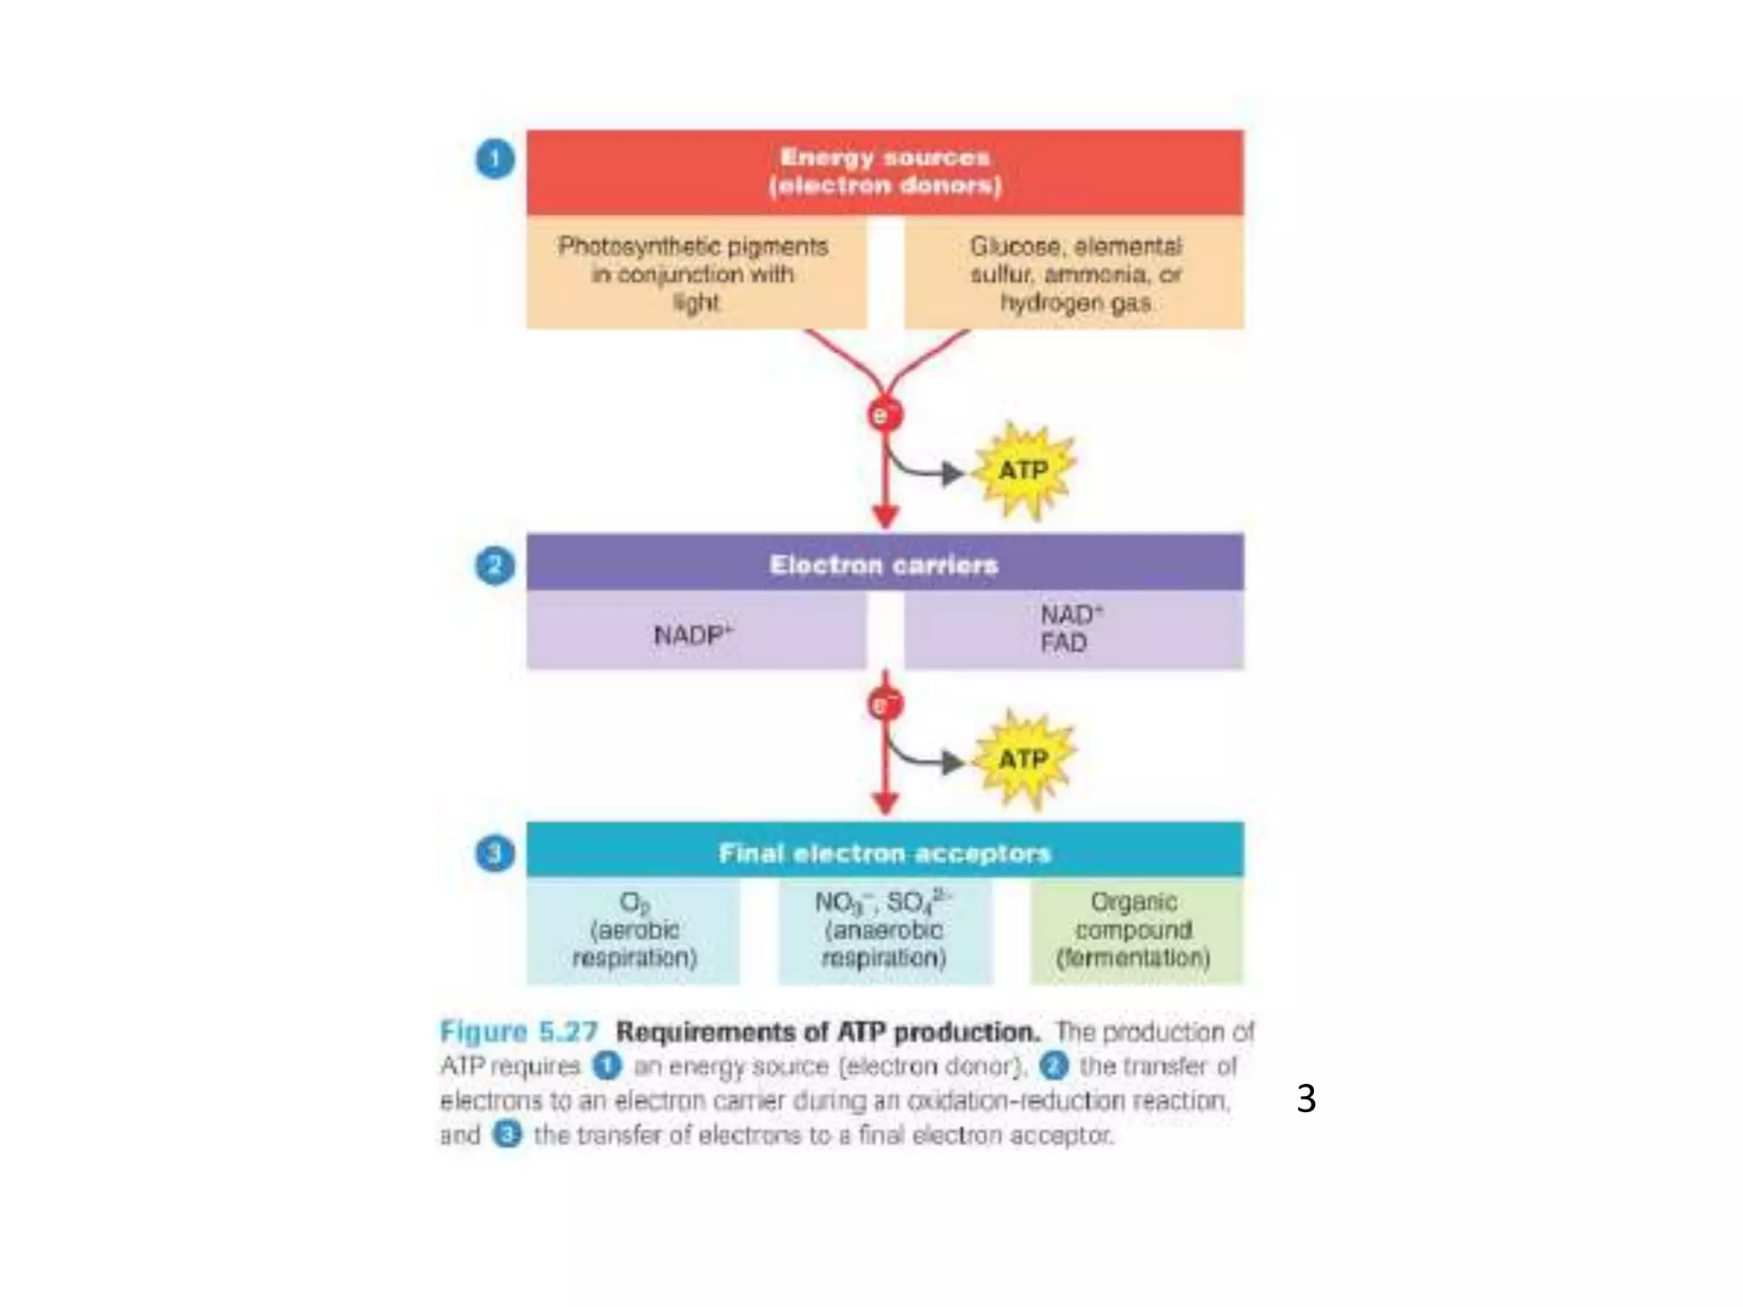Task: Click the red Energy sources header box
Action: pos(884,172)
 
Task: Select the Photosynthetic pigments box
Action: pos(695,273)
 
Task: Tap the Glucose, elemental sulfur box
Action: pos(1074,273)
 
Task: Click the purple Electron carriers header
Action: pos(884,563)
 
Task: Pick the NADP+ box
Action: pos(695,632)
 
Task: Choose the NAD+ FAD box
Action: pos(1074,630)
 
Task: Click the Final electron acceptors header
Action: pos(884,851)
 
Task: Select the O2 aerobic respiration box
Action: pos(633,931)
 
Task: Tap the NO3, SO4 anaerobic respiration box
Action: pos(884,931)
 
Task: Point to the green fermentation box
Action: pos(1135,931)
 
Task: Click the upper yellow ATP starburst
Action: pos(1024,471)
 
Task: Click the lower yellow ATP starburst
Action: pos(1024,759)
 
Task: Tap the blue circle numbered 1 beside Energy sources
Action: pos(494,159)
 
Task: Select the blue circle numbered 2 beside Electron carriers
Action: pos(494,566)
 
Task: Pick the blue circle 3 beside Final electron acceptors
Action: pos(494,853)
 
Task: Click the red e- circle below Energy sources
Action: pos(884,415)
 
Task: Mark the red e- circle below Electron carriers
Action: pos(883,705)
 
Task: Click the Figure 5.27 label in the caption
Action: pos(519,1032)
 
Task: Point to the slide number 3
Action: pos(1306,1099)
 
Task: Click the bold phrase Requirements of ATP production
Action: pos(827,1032)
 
